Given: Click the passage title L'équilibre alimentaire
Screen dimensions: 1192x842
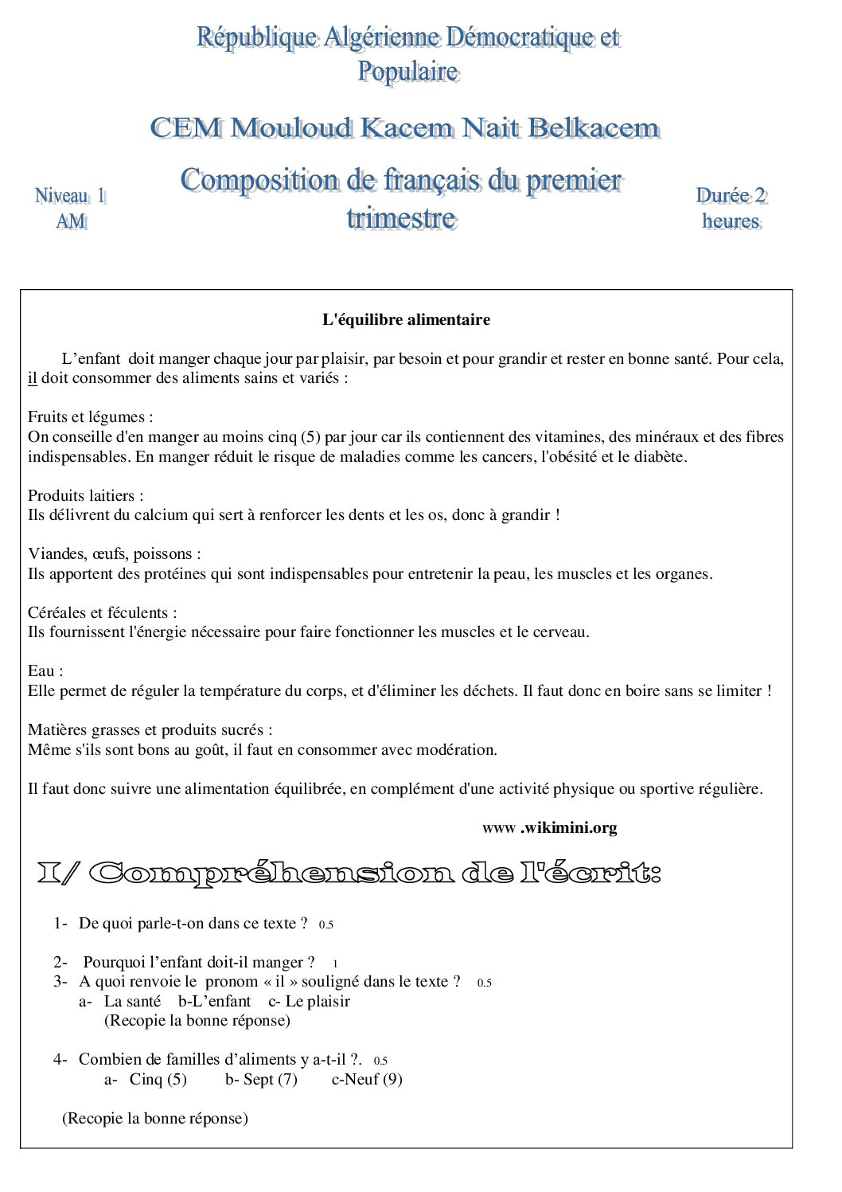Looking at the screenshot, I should (406, 320).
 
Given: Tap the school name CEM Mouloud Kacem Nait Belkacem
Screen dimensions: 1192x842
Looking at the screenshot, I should (404, 128).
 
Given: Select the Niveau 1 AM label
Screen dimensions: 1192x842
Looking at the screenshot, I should (70, 208).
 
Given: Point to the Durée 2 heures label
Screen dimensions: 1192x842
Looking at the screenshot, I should (731, 208).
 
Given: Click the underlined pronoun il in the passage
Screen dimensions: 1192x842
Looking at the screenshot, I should (33, 378).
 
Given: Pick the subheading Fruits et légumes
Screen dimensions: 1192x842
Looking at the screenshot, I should (90, 417).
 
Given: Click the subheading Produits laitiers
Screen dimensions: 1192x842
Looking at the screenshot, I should (85, 495).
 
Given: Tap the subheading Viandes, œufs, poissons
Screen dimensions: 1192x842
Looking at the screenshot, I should (114, 554).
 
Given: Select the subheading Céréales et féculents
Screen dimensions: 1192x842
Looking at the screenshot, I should (102, 613).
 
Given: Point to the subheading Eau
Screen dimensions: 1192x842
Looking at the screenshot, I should (45, 671).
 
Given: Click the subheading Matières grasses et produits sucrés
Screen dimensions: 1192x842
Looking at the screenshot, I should (150, 730).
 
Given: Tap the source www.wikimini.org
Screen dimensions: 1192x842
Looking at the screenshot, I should (549, 828).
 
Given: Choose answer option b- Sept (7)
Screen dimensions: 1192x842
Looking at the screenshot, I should (261, 1080).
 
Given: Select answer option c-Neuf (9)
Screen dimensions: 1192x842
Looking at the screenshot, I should (367, 1080).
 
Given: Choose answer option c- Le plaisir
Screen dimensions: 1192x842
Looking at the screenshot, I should (309, 1002).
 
